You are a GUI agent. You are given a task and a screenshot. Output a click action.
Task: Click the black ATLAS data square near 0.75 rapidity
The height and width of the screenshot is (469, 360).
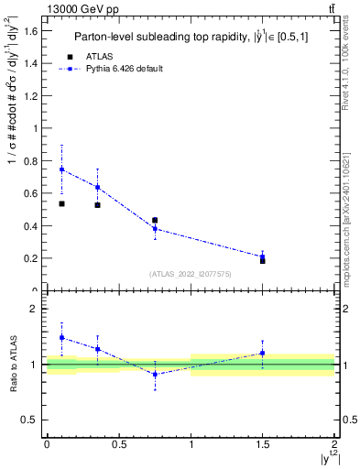155,221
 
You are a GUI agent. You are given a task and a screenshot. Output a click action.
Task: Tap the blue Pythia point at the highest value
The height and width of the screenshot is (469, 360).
61,169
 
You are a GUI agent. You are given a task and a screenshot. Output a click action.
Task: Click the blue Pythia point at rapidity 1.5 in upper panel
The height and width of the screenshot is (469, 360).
263,256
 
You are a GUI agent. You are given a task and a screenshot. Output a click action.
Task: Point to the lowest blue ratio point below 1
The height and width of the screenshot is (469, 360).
155,374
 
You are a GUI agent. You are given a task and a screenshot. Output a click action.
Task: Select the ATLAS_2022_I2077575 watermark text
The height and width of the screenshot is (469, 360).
191,273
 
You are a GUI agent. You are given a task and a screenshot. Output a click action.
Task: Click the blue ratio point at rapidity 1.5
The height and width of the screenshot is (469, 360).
263,353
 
